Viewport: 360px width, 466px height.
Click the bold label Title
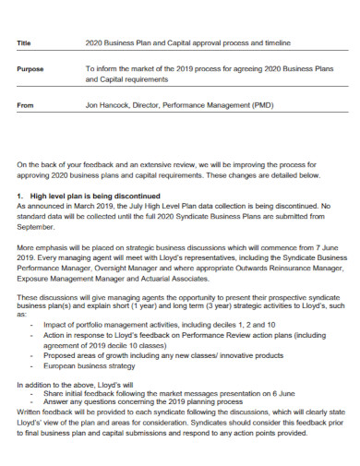[x=24, y=43]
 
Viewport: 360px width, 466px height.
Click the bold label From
[x=25, y=105]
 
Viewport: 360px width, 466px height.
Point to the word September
[x=37, y=226]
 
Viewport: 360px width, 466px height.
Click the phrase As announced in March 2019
[x=62, y=207]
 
